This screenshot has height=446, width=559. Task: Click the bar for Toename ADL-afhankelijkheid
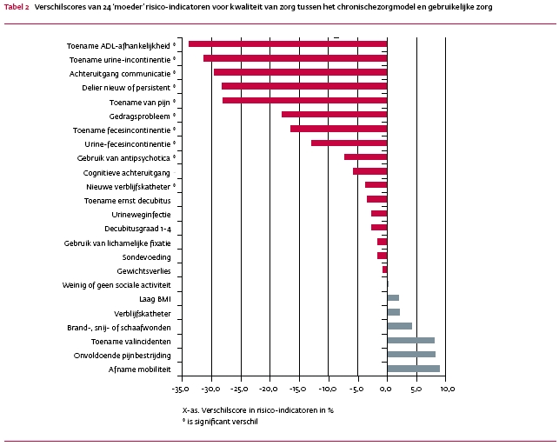pos(287,43)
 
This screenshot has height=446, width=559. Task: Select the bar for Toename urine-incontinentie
pos(295,58)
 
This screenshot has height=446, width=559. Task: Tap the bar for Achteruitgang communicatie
pos(300,72)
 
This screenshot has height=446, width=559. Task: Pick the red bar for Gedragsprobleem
pos(334,114)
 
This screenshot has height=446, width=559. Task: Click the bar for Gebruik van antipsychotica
pos(365,156)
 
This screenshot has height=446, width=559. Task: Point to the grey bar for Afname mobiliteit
pos(413,369)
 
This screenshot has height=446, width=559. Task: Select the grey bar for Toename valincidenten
pos(410,340)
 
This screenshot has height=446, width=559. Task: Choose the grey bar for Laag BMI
pos(393,297)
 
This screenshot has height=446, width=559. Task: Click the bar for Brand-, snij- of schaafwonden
pos(399,326)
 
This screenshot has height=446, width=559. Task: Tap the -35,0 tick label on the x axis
pos(181,389)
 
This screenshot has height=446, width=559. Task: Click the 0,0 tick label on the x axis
pos(386,389)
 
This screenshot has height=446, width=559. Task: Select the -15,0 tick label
pos(298,389)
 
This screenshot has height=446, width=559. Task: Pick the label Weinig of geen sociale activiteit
pos(116,284)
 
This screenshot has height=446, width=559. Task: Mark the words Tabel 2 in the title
pos(17,5)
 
